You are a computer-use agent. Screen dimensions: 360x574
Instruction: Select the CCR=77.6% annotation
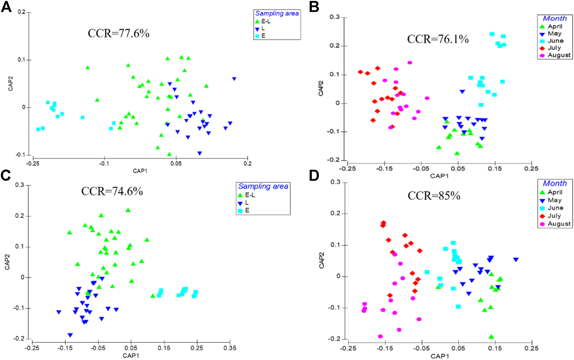pyautogui.click(x=118, y=33)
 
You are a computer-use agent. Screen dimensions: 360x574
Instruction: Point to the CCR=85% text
pyautogui.click(x=434, y=196)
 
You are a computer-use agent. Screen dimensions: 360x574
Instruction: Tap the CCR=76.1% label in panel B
pyautogui.click(x=438, y=39)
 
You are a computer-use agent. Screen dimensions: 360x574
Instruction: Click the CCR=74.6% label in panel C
pyautogui.click(x=112, y=191)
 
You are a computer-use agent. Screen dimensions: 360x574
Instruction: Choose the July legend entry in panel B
pyautogui.click(x=554, y=48)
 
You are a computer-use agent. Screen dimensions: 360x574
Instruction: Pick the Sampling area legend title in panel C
pyautogui.click(x=263, y=186)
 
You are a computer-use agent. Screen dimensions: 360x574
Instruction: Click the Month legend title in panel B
pyautogui.click(x=555, y=18)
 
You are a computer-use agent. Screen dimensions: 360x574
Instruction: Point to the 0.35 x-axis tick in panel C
pyautogui.click(x=230, y=348)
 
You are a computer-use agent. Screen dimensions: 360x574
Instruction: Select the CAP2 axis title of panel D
pyautogui.click(x=322, y=260)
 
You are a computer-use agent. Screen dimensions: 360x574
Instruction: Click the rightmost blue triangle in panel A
pyautogui.click(x=234, y=79)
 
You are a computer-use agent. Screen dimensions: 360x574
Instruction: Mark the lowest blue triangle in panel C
pyautogui.click(x=70, y=335)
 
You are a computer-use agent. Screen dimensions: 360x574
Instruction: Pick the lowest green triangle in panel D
pyautogui.click(x=491, y=337)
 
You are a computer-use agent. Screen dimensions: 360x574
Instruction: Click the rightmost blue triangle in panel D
pyautogui.click(x=516, y=260)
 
